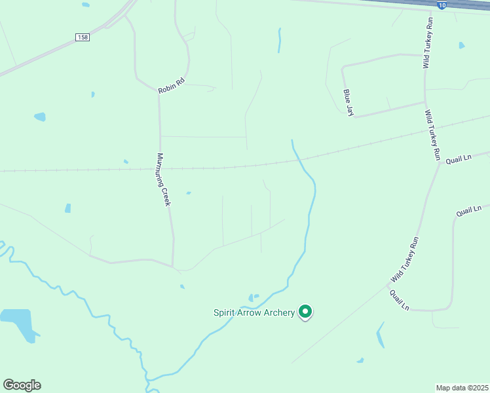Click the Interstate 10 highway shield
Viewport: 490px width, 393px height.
click(x=443, y=5)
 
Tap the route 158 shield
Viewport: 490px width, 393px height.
click(x=82, y=37)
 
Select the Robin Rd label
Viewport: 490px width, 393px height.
click(x=172, y=85)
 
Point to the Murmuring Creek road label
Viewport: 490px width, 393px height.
click(x=163, y=180)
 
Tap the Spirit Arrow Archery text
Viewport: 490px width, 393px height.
click(x=254, y=312)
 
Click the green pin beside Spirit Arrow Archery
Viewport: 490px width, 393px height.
click(x=305, y=312)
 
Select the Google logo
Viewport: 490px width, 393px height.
click(x=22, y=385)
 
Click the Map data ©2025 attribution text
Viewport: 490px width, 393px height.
click(x=462, y=388)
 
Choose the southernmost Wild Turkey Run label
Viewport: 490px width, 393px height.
click(x=404, y=260)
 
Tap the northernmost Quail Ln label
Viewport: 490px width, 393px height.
click(x=459, y=159)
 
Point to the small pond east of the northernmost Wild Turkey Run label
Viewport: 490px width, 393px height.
click(x=462, y=45)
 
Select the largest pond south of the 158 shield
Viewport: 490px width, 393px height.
click(x=40, y=117)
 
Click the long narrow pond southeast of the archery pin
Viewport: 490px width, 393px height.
click(x=380, y=335)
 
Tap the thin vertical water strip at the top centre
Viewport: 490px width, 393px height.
click(x=280, y=40)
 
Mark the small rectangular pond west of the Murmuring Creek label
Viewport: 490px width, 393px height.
click(x=67, y=208)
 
